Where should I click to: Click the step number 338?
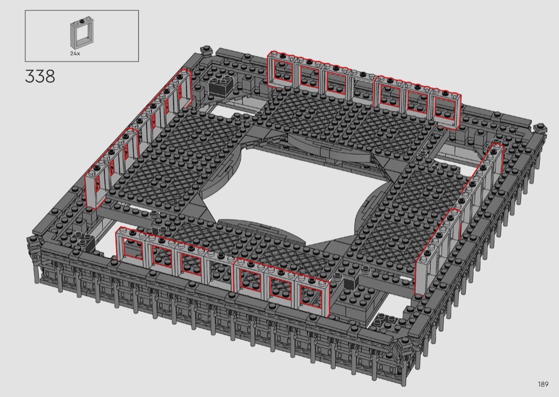[x=40, y=76]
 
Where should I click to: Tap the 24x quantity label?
[x=75, y=53]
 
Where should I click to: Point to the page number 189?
[x=544, y=384]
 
